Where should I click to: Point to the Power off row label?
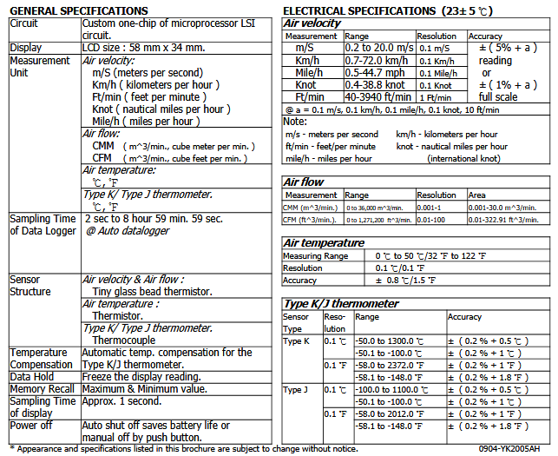tap(33, 426)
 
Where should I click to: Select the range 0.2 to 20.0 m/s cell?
tap(378, 49)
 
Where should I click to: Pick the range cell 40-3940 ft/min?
tap(378, 97)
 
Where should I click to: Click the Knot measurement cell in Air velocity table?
tap(305, 85)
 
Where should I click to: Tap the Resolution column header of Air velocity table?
tap(437, 36)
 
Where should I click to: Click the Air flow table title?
tap(305, 182)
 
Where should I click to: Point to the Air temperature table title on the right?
tap(325, 242)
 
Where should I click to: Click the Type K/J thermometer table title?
tap(342, 303)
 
